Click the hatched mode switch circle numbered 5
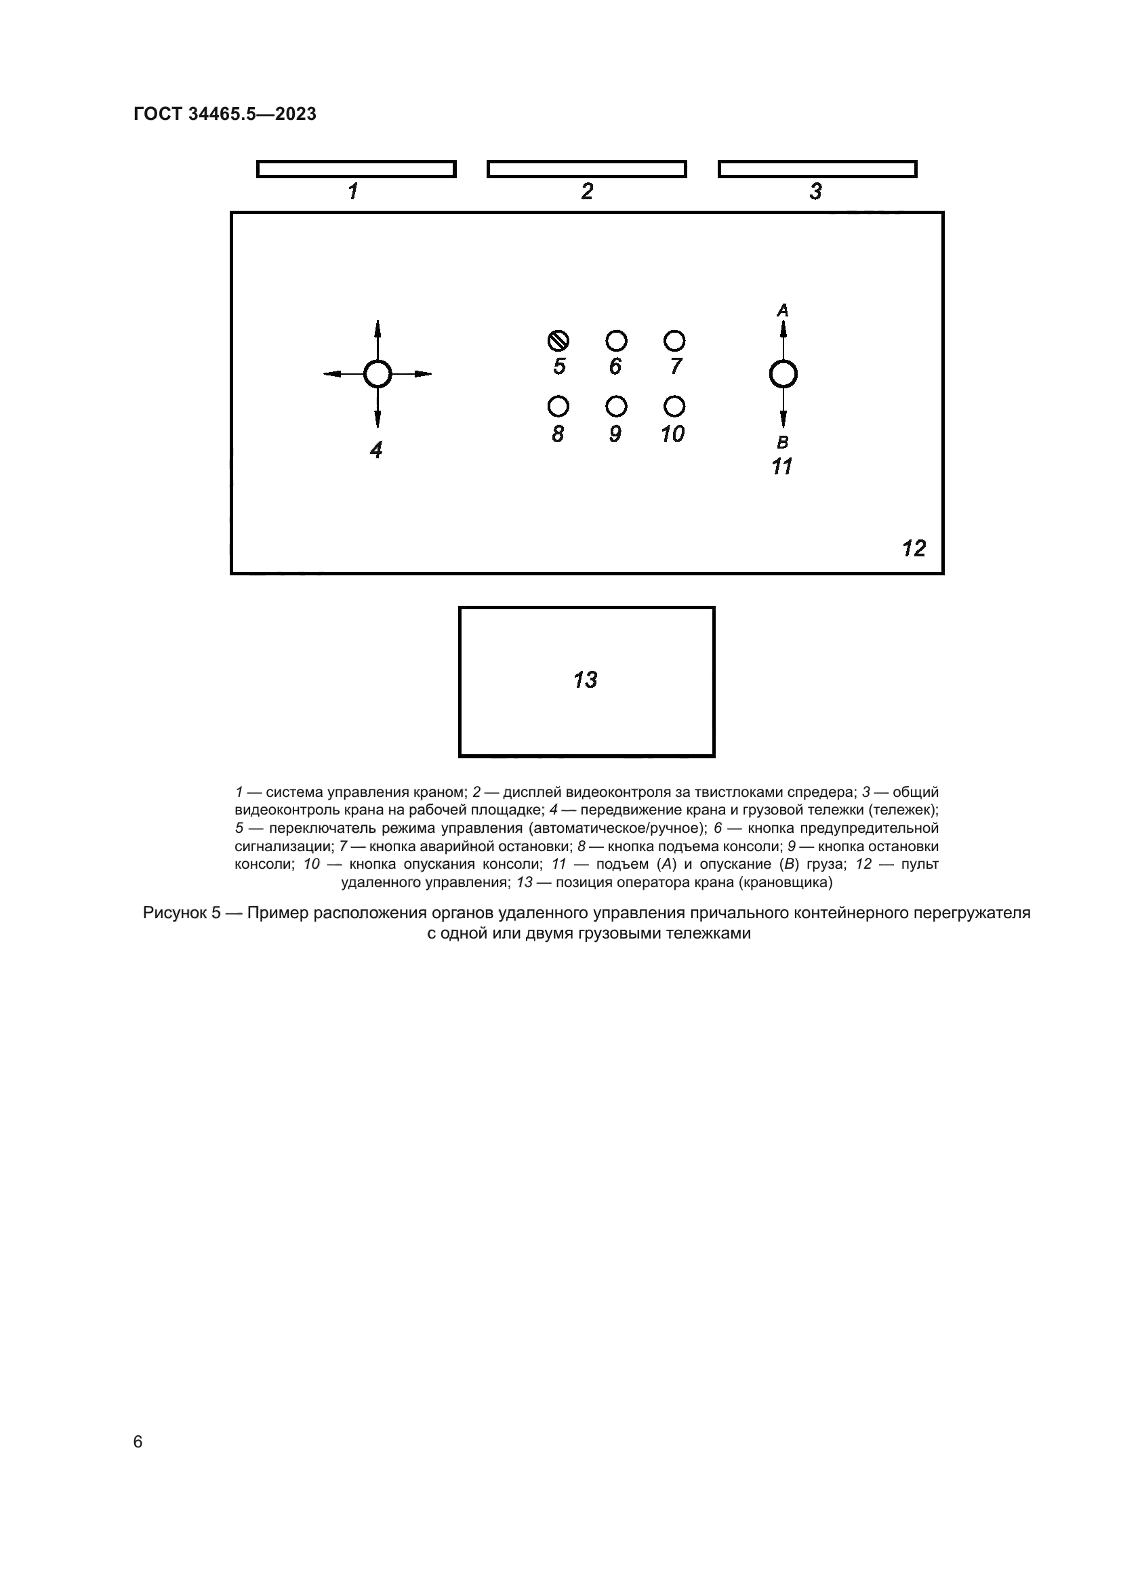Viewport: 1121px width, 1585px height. tap(558, 341)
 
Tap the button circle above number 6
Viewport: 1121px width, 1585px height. tap(616, 341)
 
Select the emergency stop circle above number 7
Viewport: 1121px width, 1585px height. tap(674, 341)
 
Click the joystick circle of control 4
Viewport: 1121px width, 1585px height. tap(378, 374)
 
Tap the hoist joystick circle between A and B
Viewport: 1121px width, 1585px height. tap(783, 375)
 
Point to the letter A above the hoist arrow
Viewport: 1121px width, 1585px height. tap(783, 310)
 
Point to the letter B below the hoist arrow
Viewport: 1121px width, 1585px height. tap(783, 442)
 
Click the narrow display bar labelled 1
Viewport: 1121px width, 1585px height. tap(356, 169)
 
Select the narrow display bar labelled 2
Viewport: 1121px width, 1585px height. tap(587, 169)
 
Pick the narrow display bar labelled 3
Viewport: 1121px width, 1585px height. tap(817, 169)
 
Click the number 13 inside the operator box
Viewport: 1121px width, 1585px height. tap(586, 680)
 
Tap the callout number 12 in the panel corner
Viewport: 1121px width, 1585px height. tap(914, 549)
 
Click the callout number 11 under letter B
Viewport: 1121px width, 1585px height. tap(781, 468)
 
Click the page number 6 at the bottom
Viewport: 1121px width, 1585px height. tap(138, 1441)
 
